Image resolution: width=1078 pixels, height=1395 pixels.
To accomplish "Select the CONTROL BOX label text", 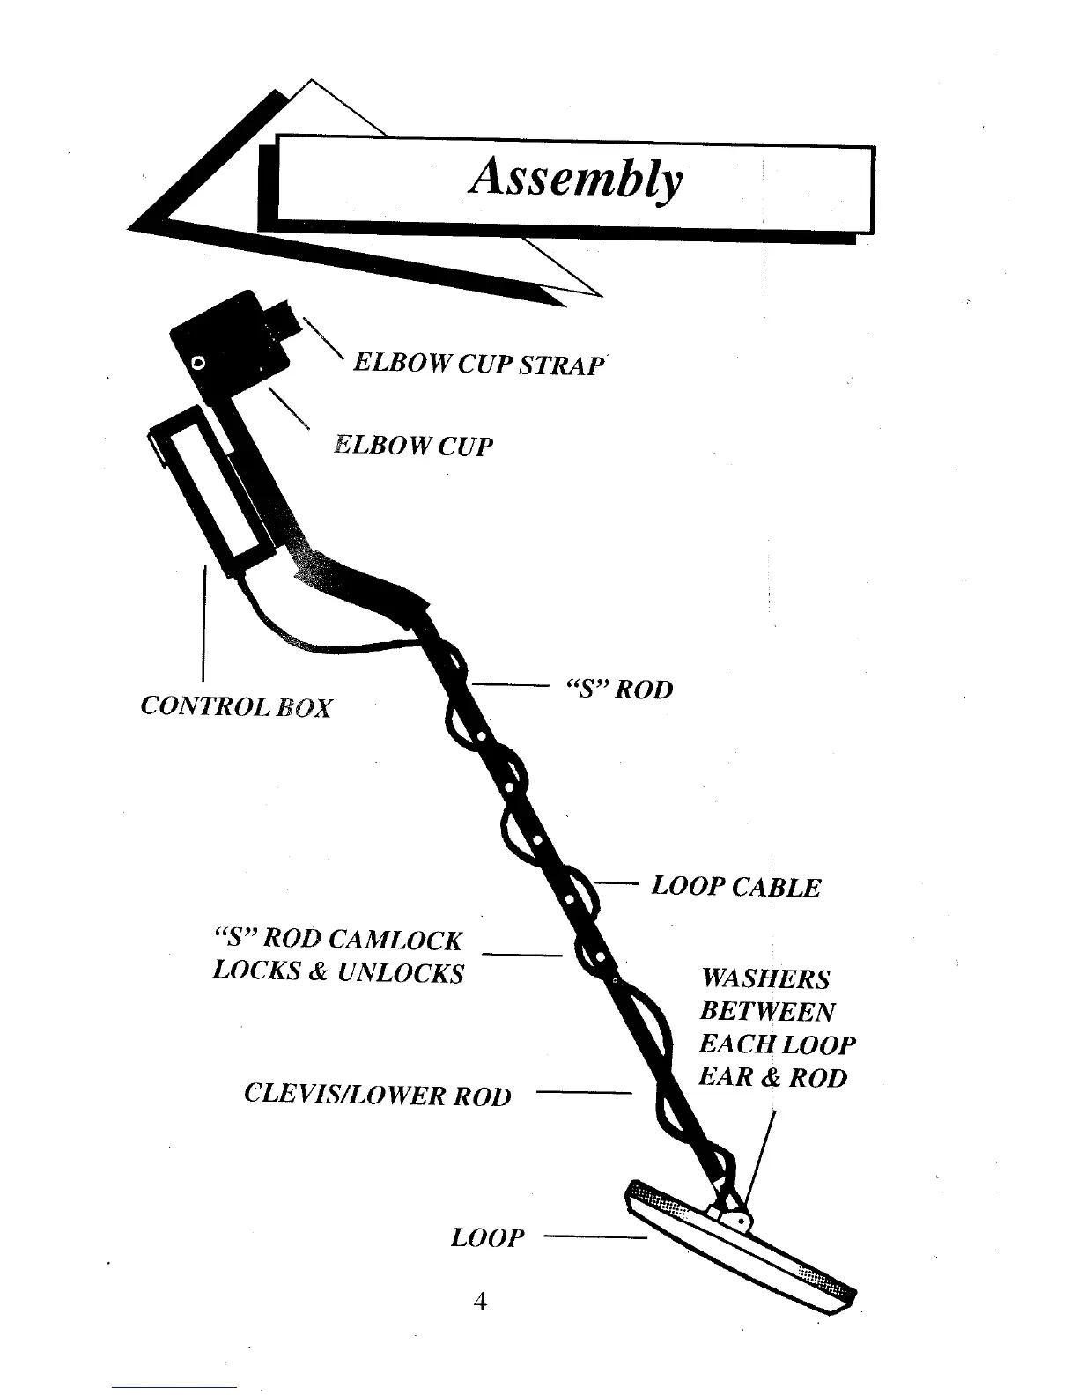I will point(236,706).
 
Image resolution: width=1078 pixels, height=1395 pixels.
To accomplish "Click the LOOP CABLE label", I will point(735,887).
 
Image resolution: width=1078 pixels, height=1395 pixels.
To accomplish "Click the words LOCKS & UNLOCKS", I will point(338,972).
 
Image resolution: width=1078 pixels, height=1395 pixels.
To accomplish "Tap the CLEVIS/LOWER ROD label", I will point(377,1096).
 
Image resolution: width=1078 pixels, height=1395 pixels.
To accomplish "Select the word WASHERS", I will point(765,979).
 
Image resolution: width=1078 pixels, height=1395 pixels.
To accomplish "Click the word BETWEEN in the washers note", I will point(767,1012).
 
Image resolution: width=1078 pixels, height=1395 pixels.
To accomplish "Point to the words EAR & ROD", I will point(772,1077).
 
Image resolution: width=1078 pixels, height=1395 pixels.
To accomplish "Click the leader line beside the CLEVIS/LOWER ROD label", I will point(584,1093).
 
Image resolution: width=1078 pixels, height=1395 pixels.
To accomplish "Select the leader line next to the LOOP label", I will point(595,1238).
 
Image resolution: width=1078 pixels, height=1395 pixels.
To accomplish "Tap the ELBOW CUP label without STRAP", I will point(413,446).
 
